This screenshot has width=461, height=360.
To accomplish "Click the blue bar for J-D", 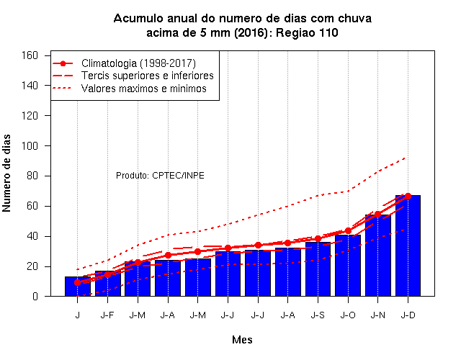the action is (408, 246).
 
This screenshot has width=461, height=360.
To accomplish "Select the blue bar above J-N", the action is (377, 256).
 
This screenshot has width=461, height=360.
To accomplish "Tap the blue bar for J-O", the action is (348, 266).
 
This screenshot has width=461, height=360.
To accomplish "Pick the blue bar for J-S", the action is (318, 269).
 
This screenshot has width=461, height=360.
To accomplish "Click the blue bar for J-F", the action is (107, 284).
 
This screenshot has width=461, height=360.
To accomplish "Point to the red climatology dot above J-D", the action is (408, 196).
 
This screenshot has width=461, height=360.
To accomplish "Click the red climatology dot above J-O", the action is (348, 230).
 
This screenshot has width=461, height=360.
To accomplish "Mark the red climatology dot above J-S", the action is (318, 238).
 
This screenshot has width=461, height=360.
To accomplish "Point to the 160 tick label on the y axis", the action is (30, 55).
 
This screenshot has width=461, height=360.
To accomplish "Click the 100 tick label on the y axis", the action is (30, 145).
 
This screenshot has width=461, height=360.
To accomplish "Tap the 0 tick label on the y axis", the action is (35, 296).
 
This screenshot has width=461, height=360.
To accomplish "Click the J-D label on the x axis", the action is (408, 315).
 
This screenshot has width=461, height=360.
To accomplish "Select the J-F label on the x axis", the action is (107, 315).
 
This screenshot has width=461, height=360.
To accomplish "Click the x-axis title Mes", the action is (242, 340).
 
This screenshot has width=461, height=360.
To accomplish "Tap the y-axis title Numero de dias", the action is (6, 174).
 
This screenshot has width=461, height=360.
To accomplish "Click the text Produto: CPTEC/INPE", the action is (160, 176).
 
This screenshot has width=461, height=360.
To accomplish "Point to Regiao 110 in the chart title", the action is (307, 32).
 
